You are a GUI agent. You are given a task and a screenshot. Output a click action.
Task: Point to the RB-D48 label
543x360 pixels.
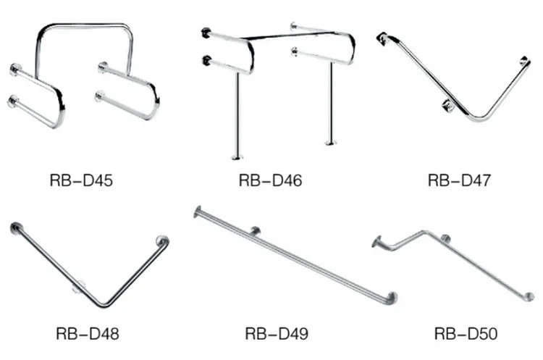[x=87, y=334]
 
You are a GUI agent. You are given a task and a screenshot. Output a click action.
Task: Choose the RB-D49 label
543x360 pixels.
[x=277, y=334]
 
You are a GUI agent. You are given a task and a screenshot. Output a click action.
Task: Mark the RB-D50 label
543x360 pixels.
[x=466, y=334]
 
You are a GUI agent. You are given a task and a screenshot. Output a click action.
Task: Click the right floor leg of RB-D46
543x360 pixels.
[x=331, y=105]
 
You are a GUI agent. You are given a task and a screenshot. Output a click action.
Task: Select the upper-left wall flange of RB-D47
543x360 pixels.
[x=382, y=37]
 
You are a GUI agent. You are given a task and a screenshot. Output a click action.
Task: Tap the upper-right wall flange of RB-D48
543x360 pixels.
[x=163, y=241]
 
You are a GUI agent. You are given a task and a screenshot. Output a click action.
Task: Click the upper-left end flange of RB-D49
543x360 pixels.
[x=198, y=212]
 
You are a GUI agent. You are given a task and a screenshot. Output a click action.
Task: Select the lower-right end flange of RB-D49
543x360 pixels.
[x=392, y=298]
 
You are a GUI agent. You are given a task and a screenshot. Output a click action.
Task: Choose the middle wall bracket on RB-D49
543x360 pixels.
[x=255, y=231]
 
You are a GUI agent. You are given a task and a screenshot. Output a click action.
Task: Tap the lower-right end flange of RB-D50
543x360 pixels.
[x=529, y=298]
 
